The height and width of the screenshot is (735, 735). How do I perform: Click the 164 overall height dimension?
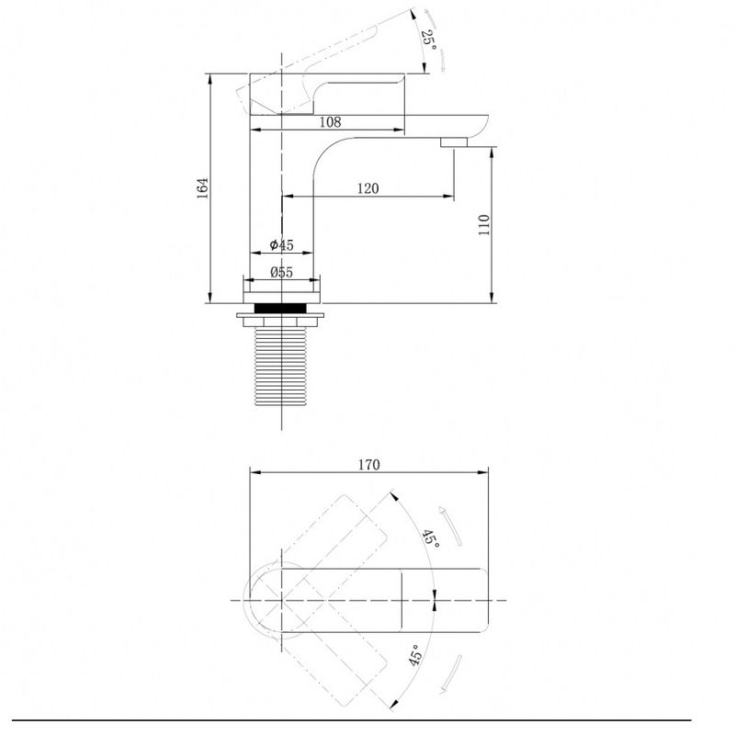(202, 188)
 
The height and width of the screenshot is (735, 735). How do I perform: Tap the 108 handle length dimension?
(330, 122)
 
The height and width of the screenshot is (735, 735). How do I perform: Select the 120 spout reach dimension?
(368, 188)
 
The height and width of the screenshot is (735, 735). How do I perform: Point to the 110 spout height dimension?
(484, 225)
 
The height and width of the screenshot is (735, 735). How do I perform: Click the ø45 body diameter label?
(281, 244)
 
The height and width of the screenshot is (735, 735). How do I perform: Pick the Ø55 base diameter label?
(281, 272)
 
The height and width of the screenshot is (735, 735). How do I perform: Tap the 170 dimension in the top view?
(369, 465)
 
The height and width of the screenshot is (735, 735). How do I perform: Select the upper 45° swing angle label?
(431, 539)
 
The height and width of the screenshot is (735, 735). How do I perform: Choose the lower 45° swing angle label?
(416, 655)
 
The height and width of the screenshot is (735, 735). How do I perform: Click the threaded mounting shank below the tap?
(280, 366)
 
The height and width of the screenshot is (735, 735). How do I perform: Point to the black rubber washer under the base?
(280, 308)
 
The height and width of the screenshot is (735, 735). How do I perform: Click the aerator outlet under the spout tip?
(454, 142)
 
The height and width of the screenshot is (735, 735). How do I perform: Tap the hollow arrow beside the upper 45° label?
(450, 526)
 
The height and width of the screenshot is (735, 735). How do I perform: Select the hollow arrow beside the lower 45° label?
(451, 674)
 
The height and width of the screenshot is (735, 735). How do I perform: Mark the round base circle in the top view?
(243, 600)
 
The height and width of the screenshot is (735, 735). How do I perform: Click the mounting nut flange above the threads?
(280, 318)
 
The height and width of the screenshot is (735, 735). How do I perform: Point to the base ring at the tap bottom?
(281, 298)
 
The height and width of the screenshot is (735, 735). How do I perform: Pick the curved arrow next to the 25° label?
(435, 40)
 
